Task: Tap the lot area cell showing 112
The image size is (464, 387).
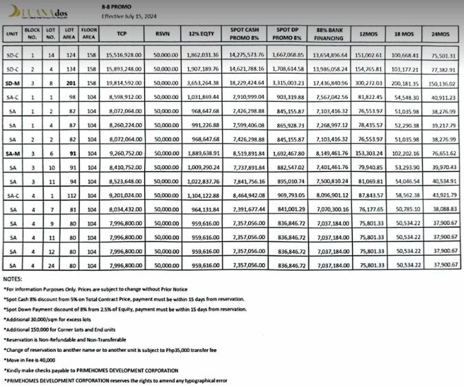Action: (x=69, y=195)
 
